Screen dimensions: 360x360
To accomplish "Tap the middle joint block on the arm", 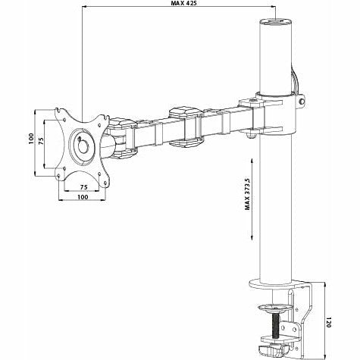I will click(x=184, y=126).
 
